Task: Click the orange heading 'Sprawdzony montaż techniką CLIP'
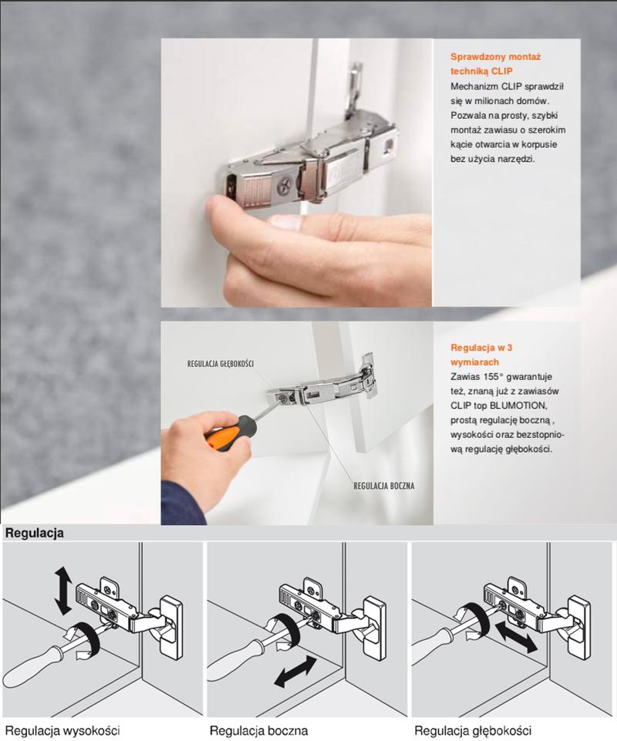(495, 64)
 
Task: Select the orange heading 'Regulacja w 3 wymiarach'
(480, 355)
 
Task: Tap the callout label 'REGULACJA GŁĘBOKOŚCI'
(221, 363)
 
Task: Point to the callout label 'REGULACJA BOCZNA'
(384, 486)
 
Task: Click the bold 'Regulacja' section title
(34, 534)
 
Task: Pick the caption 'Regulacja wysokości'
(62, 730)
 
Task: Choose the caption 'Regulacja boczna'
(258, 730)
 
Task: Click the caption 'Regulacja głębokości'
(473, 730)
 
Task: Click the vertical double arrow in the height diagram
(63, 591)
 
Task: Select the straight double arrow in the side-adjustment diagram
(295, 671)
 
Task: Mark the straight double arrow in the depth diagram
(516, 637)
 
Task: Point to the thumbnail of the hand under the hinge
(285, 221)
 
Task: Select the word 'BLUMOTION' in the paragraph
(518, 406)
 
